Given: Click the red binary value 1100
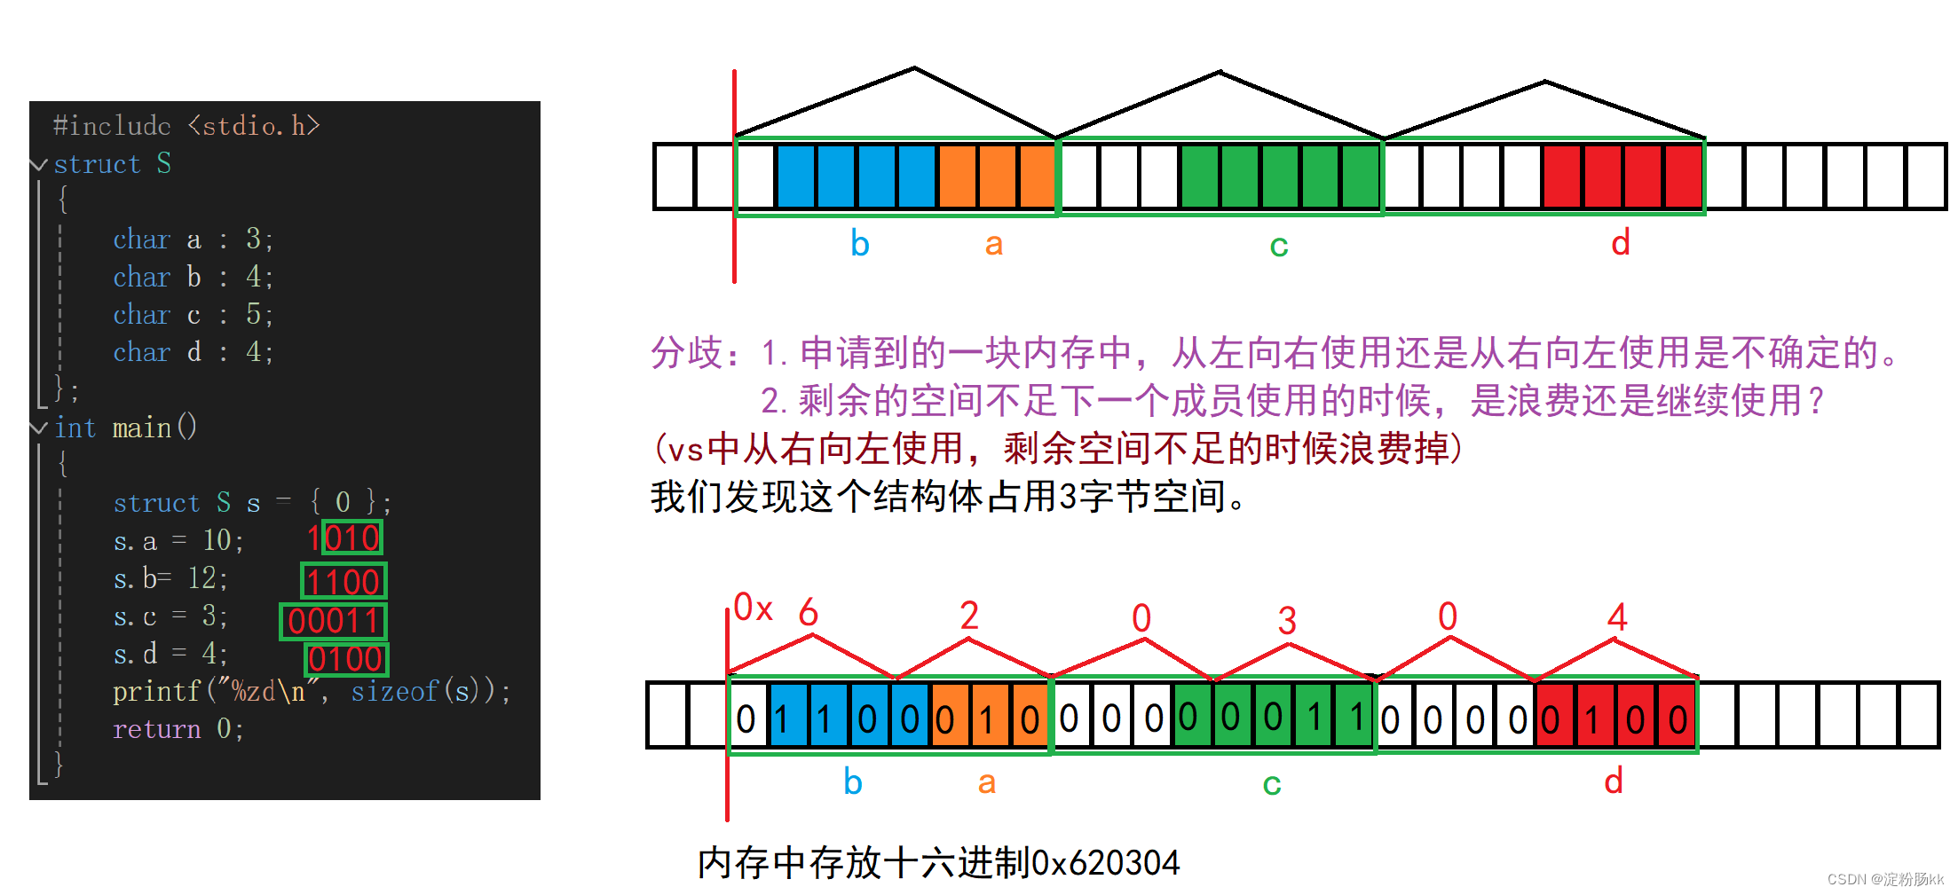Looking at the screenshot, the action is tap(343, 582).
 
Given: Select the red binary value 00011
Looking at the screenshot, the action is tap(334, 621).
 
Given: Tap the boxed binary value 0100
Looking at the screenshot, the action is tap(346, 659).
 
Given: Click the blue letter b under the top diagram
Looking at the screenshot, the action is tap(859, 244).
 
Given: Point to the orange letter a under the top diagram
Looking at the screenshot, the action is tap(993, 244).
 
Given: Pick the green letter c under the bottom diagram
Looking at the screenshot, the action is tap(1271, 783).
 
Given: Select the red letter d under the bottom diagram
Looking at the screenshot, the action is tap(1614, 781).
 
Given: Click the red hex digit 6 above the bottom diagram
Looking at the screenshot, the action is tap(808, 612).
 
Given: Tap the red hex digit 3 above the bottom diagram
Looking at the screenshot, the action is tap(1287, 620).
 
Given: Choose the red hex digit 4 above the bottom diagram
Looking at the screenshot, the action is tap(1617, 616).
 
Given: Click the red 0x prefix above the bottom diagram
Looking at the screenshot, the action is tap(753, 608).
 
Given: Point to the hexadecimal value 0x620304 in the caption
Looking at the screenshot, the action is tap(1105, 862).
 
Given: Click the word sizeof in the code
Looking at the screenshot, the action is tap(394, 691).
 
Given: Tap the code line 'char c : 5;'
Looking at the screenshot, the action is tap(193, 315).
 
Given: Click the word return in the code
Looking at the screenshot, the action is tap(156, 729).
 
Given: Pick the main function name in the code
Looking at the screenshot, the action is tap(142, 428).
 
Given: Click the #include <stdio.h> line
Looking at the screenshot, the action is tap(186, 126).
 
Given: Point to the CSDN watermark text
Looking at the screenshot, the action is tap(1884, 879).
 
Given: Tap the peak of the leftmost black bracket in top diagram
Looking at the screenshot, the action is tap(914, 67).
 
